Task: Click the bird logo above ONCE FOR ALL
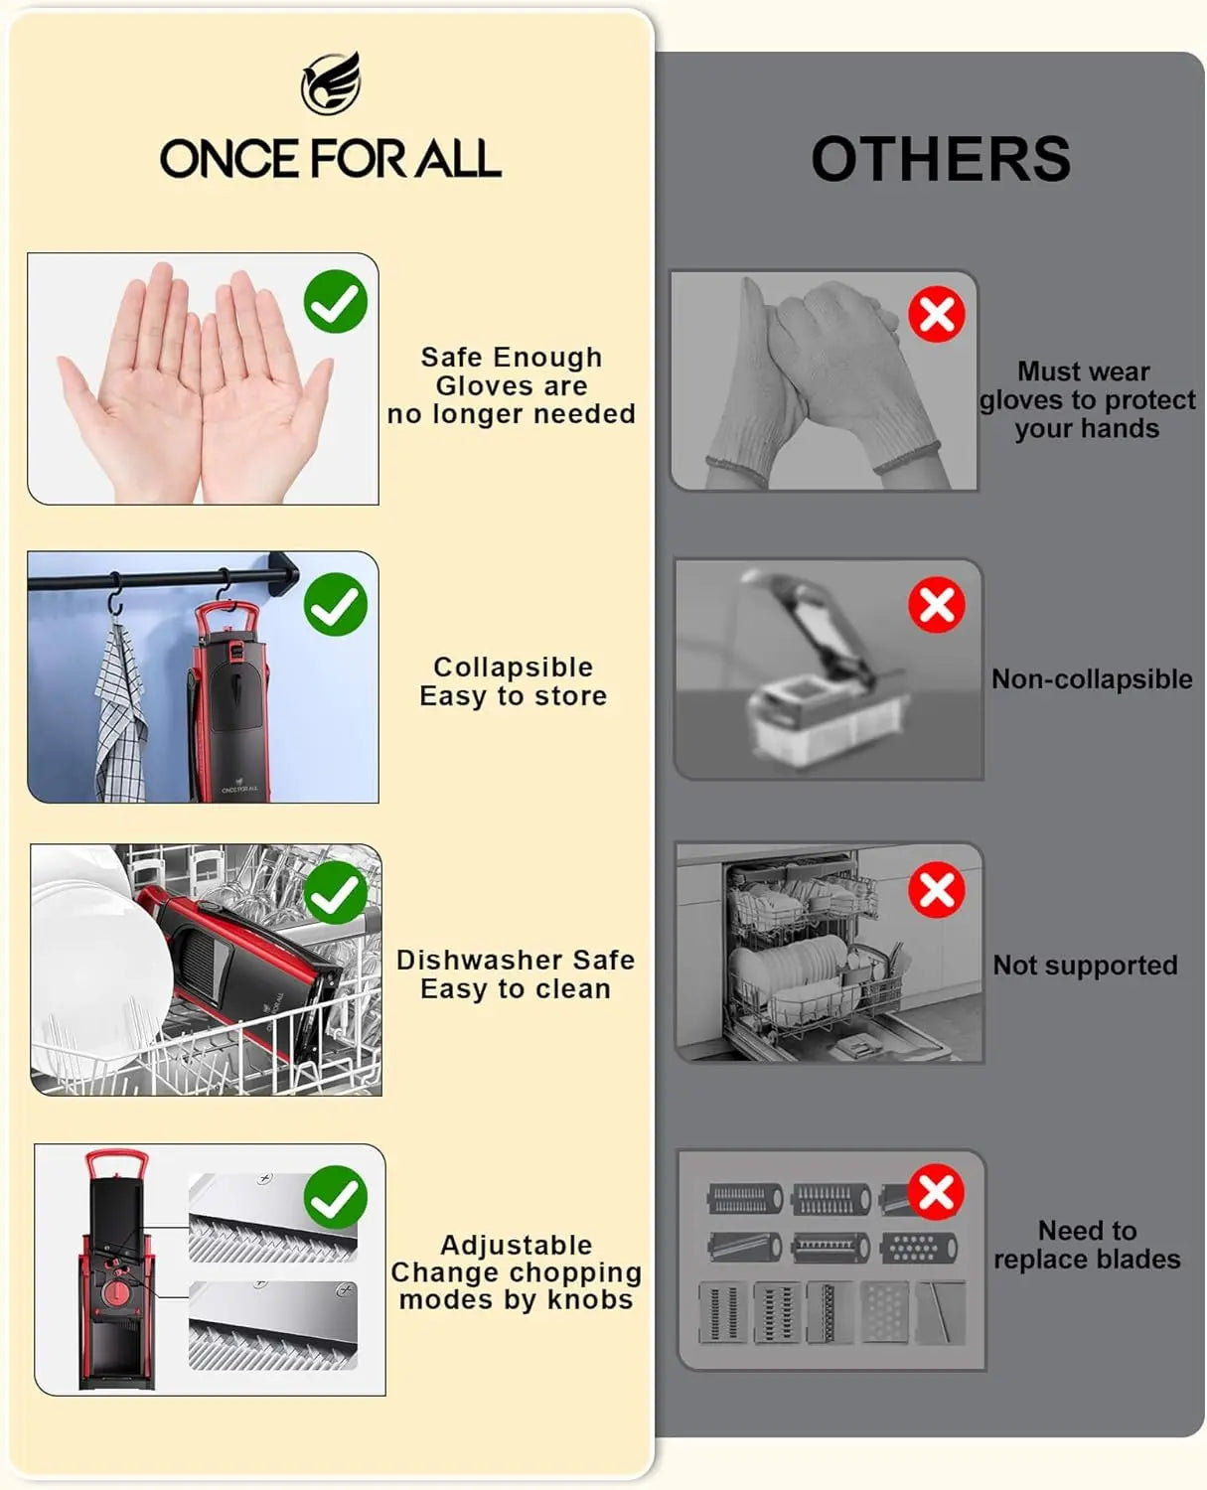[331, 82]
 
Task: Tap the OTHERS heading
[941, 160]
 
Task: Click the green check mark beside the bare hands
[336, 302]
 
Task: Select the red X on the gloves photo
[937, 314]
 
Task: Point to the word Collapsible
[513, 667]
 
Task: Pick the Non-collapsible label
[1092, 679]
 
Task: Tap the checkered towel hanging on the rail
[120, 712]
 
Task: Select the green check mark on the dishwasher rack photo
[336, 892]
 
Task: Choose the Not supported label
[1085, 966]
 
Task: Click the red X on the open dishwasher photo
[937, 890]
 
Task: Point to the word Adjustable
[517, 1246]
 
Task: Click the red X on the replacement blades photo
[936, 1192]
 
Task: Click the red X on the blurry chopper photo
[937, 605]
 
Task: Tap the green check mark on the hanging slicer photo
[336, 604]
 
